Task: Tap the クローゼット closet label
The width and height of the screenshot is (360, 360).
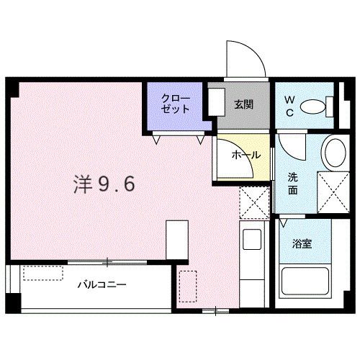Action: tap(175, 104)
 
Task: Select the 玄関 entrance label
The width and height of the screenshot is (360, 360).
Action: tap(242, 105)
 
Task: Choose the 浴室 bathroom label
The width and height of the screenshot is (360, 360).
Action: tap(301, 244)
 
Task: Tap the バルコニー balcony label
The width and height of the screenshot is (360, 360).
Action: tap(102, 284)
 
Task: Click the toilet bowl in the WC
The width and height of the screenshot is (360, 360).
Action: tap(315, 107)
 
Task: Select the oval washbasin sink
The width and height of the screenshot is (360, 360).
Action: tap(333, 153)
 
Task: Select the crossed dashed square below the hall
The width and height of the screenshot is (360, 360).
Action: tap(253, 200)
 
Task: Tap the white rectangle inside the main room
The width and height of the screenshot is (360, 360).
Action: tap(177, 238)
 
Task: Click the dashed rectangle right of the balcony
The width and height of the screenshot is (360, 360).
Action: tap(187, 286)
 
